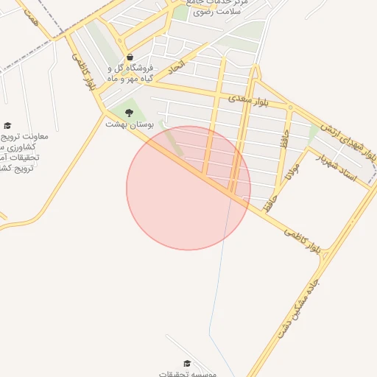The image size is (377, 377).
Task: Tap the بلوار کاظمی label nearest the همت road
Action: (83, 71)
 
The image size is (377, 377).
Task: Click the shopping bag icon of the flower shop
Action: (130, 57)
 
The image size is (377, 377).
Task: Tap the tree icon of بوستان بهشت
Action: (130, 113)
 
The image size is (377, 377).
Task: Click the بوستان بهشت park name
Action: (127, 124)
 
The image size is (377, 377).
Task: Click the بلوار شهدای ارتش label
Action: (349, 139)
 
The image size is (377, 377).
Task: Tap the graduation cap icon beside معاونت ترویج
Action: (7, 126)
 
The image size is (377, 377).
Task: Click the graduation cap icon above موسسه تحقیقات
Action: (187, 364)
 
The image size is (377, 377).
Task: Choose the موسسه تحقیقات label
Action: (188, 373)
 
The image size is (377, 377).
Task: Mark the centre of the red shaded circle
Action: (188, 188)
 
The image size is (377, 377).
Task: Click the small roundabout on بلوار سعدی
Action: (290, 108)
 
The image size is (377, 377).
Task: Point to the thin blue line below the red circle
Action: (217, 295)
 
